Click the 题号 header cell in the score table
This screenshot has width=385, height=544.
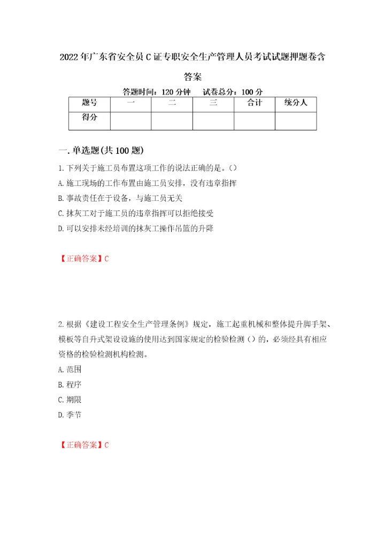tap(89, 103)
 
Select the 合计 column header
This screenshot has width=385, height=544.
tap(254, 103)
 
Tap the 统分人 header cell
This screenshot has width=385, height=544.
tap(295, 103)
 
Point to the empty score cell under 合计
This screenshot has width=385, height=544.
tap(254, 121)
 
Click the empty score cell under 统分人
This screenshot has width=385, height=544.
tap(295, 121)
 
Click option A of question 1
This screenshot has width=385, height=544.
tap(147, 183)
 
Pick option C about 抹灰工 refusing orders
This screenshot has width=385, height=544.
tap(138, 213)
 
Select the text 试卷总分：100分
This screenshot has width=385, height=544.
tap(232, 91)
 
